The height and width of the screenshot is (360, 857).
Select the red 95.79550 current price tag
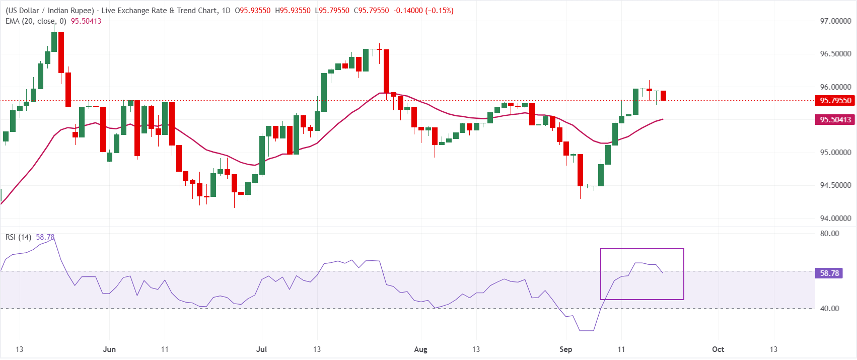[835, 101]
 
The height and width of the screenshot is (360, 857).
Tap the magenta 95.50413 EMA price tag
[835, 120]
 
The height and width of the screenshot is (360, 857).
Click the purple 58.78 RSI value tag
[829, 273]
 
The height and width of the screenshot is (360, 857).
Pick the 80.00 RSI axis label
[829, 233]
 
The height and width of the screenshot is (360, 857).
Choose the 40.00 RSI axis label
[829, 308]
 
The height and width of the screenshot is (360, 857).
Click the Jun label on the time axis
[109, 349]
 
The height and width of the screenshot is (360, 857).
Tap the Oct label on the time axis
[718, 349]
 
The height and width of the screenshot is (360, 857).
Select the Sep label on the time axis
[565, 349]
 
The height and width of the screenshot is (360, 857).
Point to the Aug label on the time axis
[421, 349]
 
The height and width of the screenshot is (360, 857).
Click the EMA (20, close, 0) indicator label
[36, 21]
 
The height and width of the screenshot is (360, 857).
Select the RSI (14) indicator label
[18, 237]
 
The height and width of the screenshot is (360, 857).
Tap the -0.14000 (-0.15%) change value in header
[423, 11]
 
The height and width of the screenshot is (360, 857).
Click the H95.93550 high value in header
[293, 11]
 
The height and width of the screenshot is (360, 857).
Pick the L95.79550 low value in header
[332, 11]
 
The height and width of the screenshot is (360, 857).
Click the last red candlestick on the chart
[664, 96]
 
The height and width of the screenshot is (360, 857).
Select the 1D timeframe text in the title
[226, 11]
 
